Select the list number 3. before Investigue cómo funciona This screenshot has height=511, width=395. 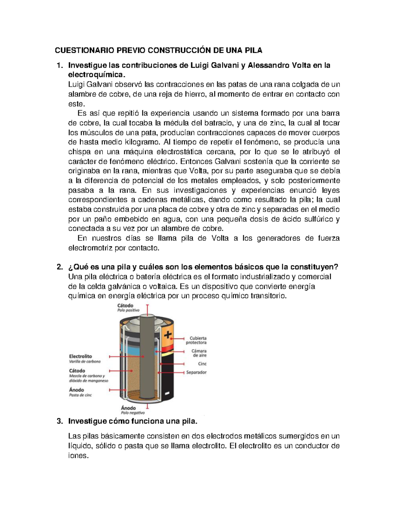pyautogui.click(x=60, y=421)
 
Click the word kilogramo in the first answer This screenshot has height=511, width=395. pyautogui.click(x=144, y=142)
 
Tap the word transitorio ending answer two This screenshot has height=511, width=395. pyautogui.click(x=269, y=296)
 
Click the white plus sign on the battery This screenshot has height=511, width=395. pyautogui.click(x=168, y=335)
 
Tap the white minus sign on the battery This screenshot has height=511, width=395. pyautogui.click(x=167, y=393)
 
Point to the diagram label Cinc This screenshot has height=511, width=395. pyautogui.click(x=202, y=364)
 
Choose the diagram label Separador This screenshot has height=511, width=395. pyautogui.click(x=196, y=372)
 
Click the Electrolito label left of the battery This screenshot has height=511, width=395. pyautogui.click(x=80, y=356)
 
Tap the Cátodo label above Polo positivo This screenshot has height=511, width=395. pyautogui.click(x=125, y=305)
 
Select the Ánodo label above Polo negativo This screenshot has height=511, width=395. pyautogui.click(x=128, y=408)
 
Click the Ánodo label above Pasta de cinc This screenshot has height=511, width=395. pyautogui.click(x=76, y=390)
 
